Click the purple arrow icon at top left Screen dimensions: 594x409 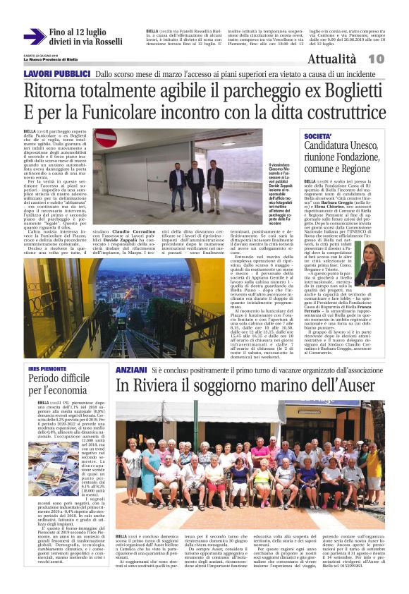point(33,37)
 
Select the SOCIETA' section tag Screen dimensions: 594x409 point(318,135)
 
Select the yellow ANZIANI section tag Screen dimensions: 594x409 point(132,368)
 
